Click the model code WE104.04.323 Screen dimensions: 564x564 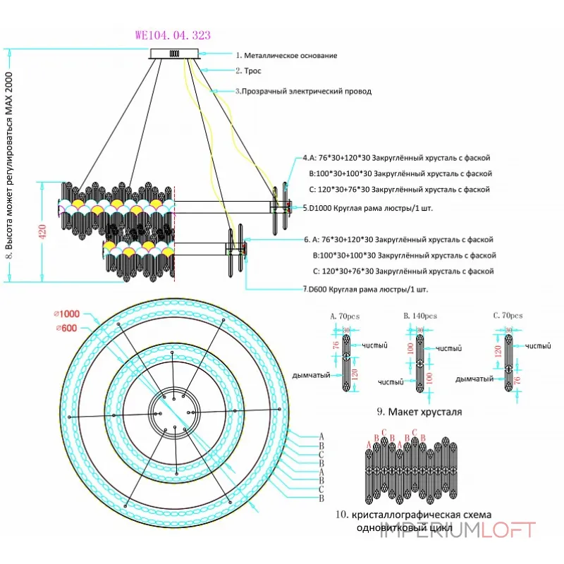pos(172,35)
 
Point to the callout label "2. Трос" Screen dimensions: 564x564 pos(248,71)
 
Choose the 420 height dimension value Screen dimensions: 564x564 pos(42,233)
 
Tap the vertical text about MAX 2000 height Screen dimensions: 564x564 pos(10,166)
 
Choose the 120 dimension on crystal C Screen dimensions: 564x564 pos(498,352)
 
